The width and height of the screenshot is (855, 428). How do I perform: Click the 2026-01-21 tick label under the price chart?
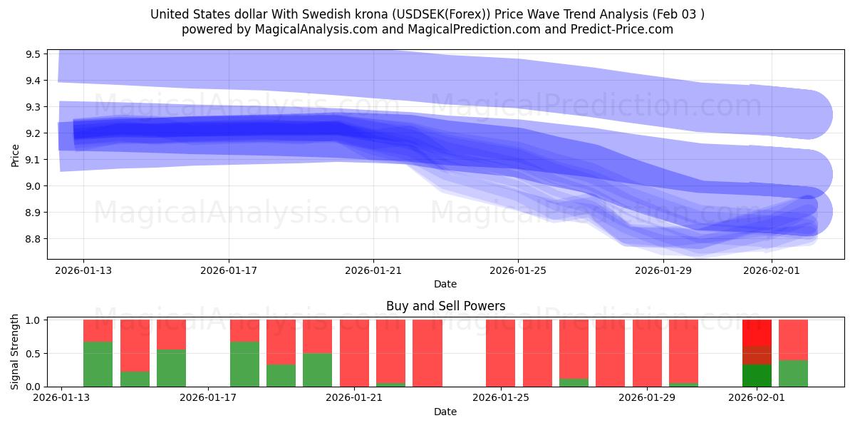373,271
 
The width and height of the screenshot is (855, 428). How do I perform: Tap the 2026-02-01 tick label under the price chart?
772,271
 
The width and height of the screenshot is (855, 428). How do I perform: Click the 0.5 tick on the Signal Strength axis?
33,354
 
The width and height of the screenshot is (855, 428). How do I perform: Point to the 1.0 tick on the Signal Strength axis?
33,320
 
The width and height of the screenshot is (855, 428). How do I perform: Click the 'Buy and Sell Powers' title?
445,306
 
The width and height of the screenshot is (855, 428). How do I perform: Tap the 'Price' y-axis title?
15,154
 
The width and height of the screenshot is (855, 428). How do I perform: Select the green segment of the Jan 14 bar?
98,364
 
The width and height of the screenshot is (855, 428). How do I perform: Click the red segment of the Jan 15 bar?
135,345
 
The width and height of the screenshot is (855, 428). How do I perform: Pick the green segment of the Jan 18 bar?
244,364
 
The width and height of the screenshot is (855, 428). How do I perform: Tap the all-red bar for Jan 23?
427,353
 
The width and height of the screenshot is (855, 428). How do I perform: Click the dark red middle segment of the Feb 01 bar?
757,355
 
